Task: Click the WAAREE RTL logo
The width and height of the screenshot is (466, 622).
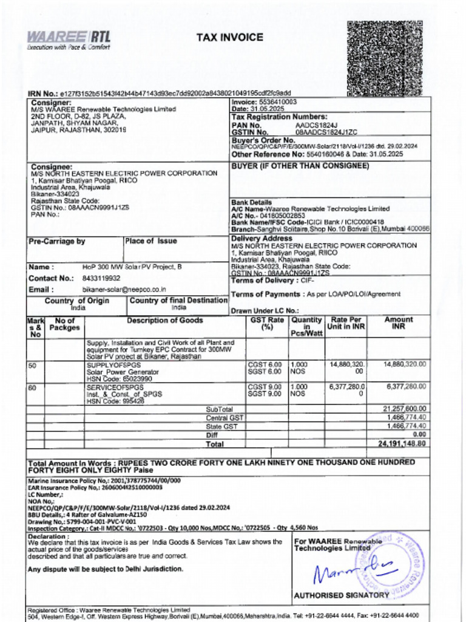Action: click(68, 39)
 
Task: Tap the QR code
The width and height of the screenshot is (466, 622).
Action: click(384, 58)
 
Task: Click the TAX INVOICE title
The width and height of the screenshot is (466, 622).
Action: click(229, 38)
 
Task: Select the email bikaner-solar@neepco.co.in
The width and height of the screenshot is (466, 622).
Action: click(124, 290)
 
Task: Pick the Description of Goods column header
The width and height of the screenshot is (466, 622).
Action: click(164, 321)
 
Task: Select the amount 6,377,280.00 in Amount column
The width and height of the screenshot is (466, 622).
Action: click(406, 386)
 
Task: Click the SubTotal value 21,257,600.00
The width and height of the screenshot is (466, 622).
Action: click(404, 409)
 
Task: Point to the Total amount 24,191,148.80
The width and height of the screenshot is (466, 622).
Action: click(403, 443)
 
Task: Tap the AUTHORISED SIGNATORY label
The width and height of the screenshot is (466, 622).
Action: click(341, 595)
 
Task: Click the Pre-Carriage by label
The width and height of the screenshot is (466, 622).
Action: click(57, 242)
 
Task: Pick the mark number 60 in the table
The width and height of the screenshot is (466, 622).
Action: click(32, 387)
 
